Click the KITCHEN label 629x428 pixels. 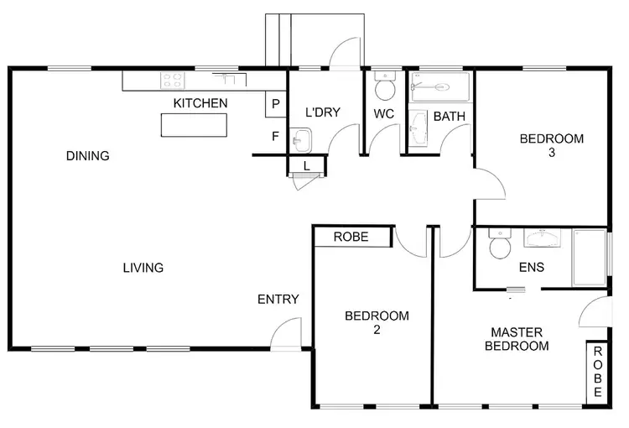[200, 103]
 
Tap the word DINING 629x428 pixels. [88, 155]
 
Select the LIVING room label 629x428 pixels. [143, 268]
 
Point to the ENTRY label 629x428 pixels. [278, 299]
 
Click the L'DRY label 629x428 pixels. [322, 112]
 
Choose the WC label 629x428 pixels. [384, 112]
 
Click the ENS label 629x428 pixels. [532, 268]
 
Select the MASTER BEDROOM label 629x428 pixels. [519, 338]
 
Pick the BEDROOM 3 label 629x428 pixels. [550, 145]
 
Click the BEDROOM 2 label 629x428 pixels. [377, 322]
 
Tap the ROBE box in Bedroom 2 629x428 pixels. [352, 237]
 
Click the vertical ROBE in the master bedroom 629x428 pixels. [597, 371]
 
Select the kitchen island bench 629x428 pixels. [194, 124]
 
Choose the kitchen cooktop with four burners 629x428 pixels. [173, 81]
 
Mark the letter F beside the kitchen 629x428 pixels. [275, 135]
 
